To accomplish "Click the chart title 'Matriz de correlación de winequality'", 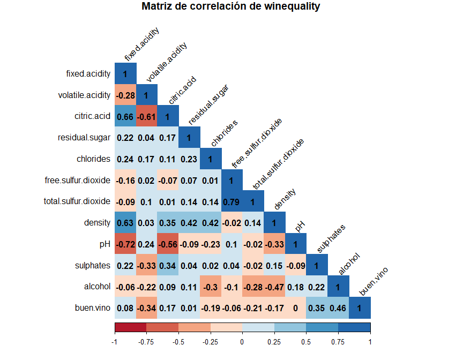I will tap(231, 6).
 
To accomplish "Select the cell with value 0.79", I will tap(231, 201).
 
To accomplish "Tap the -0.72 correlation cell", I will tap(125, 244).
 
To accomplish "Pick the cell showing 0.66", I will tap(125, 116).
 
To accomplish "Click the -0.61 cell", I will tap(146, 116).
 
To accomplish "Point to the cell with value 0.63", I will tap(125, 223).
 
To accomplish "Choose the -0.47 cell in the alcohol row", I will tap(274, 287).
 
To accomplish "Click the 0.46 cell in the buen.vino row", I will tap(338, 308).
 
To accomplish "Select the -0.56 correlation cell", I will tap(168, 244).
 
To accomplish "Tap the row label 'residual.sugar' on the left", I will tap(84, 138).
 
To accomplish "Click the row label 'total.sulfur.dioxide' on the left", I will tap(77, 201).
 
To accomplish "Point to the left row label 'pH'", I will tap(105, 244).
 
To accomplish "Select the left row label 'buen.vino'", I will tap(93, 308).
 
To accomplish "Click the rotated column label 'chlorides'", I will tap(224, 133).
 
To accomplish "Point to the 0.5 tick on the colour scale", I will tap(306, 341).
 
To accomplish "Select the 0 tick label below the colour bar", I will tap(242, 341).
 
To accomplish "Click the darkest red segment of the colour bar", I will tap(130, 327).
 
